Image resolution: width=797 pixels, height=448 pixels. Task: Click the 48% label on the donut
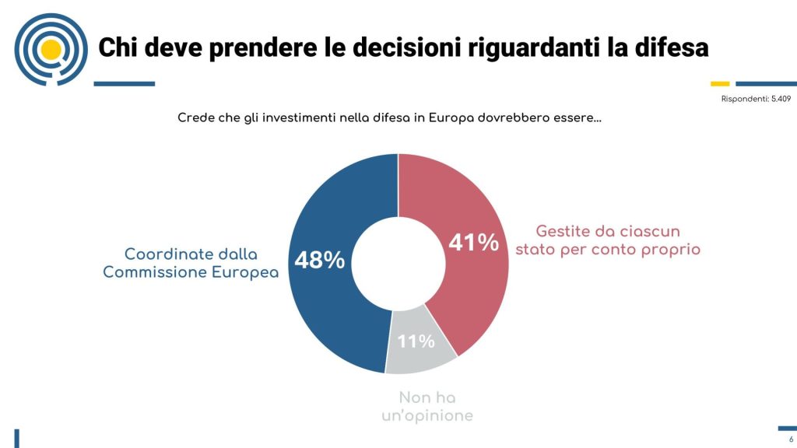(x=319, y=260)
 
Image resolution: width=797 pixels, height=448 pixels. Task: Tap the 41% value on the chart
(x=473, y=243)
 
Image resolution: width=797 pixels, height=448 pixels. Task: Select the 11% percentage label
(x=416, y=341)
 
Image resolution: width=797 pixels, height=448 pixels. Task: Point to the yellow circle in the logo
(x=51, y=50)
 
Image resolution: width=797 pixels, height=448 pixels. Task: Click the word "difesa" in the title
(x=669, y=47)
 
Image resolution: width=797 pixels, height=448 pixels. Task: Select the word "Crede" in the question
(x=196, y=118)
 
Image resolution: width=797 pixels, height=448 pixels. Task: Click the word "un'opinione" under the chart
(x=427, y=416)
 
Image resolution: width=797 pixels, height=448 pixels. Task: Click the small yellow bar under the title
(x=720, y=83)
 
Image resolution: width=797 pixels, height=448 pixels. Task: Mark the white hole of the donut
(x=398, y=262)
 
